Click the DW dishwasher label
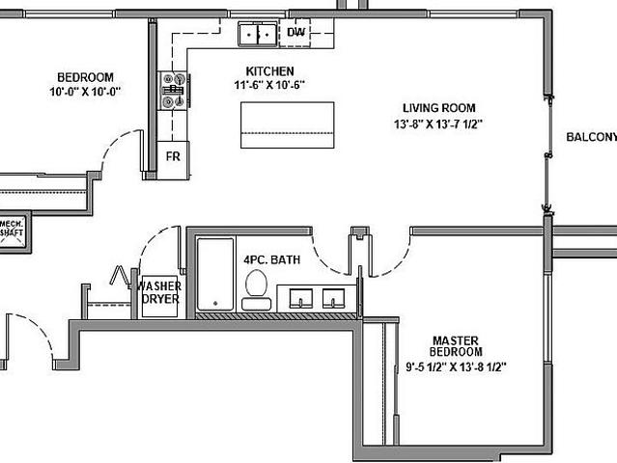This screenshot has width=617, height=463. (x=295, y=33)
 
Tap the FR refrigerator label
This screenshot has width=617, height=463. (x=173, y=155)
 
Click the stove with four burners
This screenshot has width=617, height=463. (x=174, y=91)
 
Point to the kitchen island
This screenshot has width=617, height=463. (x=287, y=124)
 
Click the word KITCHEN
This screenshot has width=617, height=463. (x=269, y=71)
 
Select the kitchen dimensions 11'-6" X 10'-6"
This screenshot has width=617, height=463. (x=269, y=85)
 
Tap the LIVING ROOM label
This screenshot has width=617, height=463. (x=439, y=108)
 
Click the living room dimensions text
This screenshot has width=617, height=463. (x=439, y=123)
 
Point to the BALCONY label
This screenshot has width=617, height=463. (x=590, y=136)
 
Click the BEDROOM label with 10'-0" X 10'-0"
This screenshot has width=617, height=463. (x=85, y=78)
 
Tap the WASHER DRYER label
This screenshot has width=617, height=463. (x=160, y=292)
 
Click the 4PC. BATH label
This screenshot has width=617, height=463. (x=270, y=260)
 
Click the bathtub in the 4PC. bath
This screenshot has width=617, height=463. (x=216, y=274)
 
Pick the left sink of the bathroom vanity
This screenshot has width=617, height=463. (x=300, y=298)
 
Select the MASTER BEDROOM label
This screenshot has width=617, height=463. (x=458, y=345)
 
